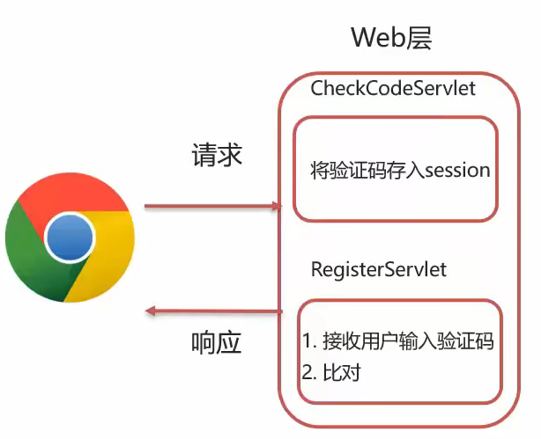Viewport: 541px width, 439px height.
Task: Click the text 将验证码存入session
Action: (x=399, y=170)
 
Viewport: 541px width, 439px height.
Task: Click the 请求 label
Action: (x=217, y=156)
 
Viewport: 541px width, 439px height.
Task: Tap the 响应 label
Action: (x=216, y=343)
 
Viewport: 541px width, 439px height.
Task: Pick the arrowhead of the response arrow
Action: (x=151, y=311)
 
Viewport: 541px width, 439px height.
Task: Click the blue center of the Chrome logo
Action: (x=70, y=238)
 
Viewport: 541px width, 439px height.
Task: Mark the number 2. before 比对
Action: (x=309, y=372)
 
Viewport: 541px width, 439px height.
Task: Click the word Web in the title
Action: (x=376, y=38)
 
